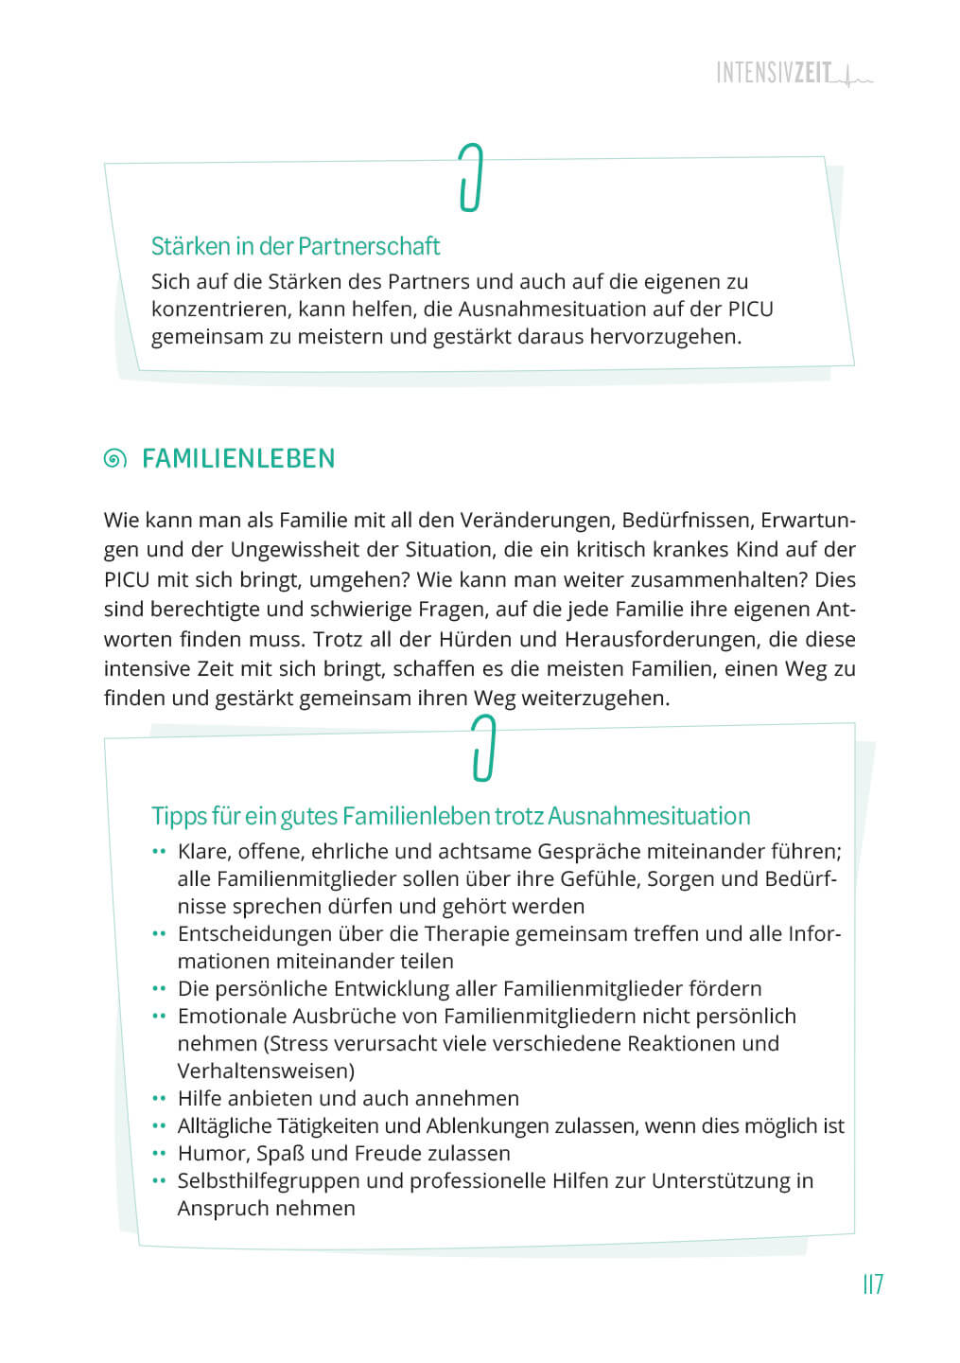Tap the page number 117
pyautogui.click(x=872, y=1284)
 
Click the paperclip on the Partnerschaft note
pyautogui.click(x=470, y=177)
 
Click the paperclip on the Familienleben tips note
pyautogui.click(x=483, y=748)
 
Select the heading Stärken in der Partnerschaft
pyautogui.click(x=295, y=246)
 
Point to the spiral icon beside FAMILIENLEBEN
pyautogui.click(x=114, y=459)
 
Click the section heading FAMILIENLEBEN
pyautogui.click(x=238, y=459)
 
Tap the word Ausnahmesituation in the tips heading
pyautogui.click(x=649, y=816)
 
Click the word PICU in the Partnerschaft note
pyautogui.click(x=750, y=309)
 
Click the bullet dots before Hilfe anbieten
pyautogui.click(x=159, y=1099)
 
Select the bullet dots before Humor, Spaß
pyautogui.click(x=159, y=1154)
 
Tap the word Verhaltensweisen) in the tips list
pyautogui.click(x=266, y=1071)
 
